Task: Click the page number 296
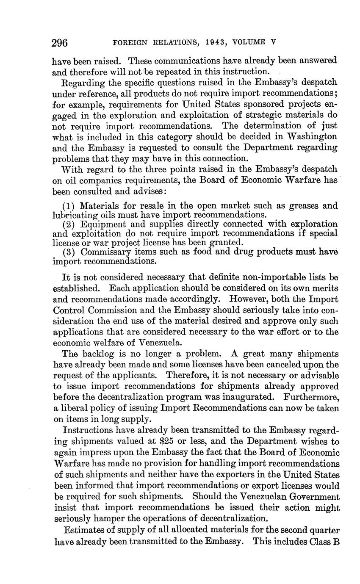tap(60, 43)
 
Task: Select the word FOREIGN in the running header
tap(127, 42)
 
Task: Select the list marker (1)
tap(69, 206)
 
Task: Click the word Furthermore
tap(311, 397)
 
